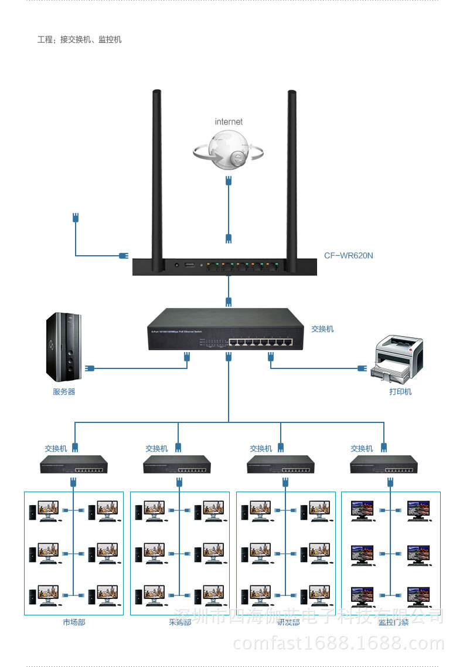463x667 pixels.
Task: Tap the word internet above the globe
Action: [x=229, y=121]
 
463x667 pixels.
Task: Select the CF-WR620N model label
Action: [x=349, y=256]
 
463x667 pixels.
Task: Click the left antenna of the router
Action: [x=156, y=176]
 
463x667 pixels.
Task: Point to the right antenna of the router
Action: [x=291, y=176]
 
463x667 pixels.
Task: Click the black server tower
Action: [x=64, y=347]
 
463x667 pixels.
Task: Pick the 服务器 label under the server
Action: [x=64, y=391]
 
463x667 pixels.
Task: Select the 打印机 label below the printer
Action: [x=400, y=391]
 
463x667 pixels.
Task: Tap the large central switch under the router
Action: [x=226, y=329]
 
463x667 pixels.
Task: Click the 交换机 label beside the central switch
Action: [x=322, y=329]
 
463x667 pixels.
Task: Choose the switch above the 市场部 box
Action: [x=74, y=465]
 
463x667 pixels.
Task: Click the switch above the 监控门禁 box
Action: [x=384, y=465]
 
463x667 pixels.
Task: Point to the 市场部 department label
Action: [x=74, y=622]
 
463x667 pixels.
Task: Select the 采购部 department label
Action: [x=180, y=622]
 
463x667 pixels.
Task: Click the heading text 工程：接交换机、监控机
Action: [x=80, y=40]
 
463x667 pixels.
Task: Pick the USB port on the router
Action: [x=189, y=267]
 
